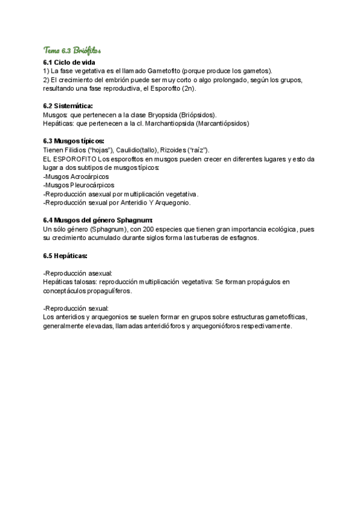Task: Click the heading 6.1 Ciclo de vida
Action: point(68,62)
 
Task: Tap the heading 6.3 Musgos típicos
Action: point(74,141)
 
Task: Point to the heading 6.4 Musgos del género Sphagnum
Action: point(98,220)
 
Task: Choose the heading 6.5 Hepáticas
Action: point(65,256)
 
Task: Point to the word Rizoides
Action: point(175,149)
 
